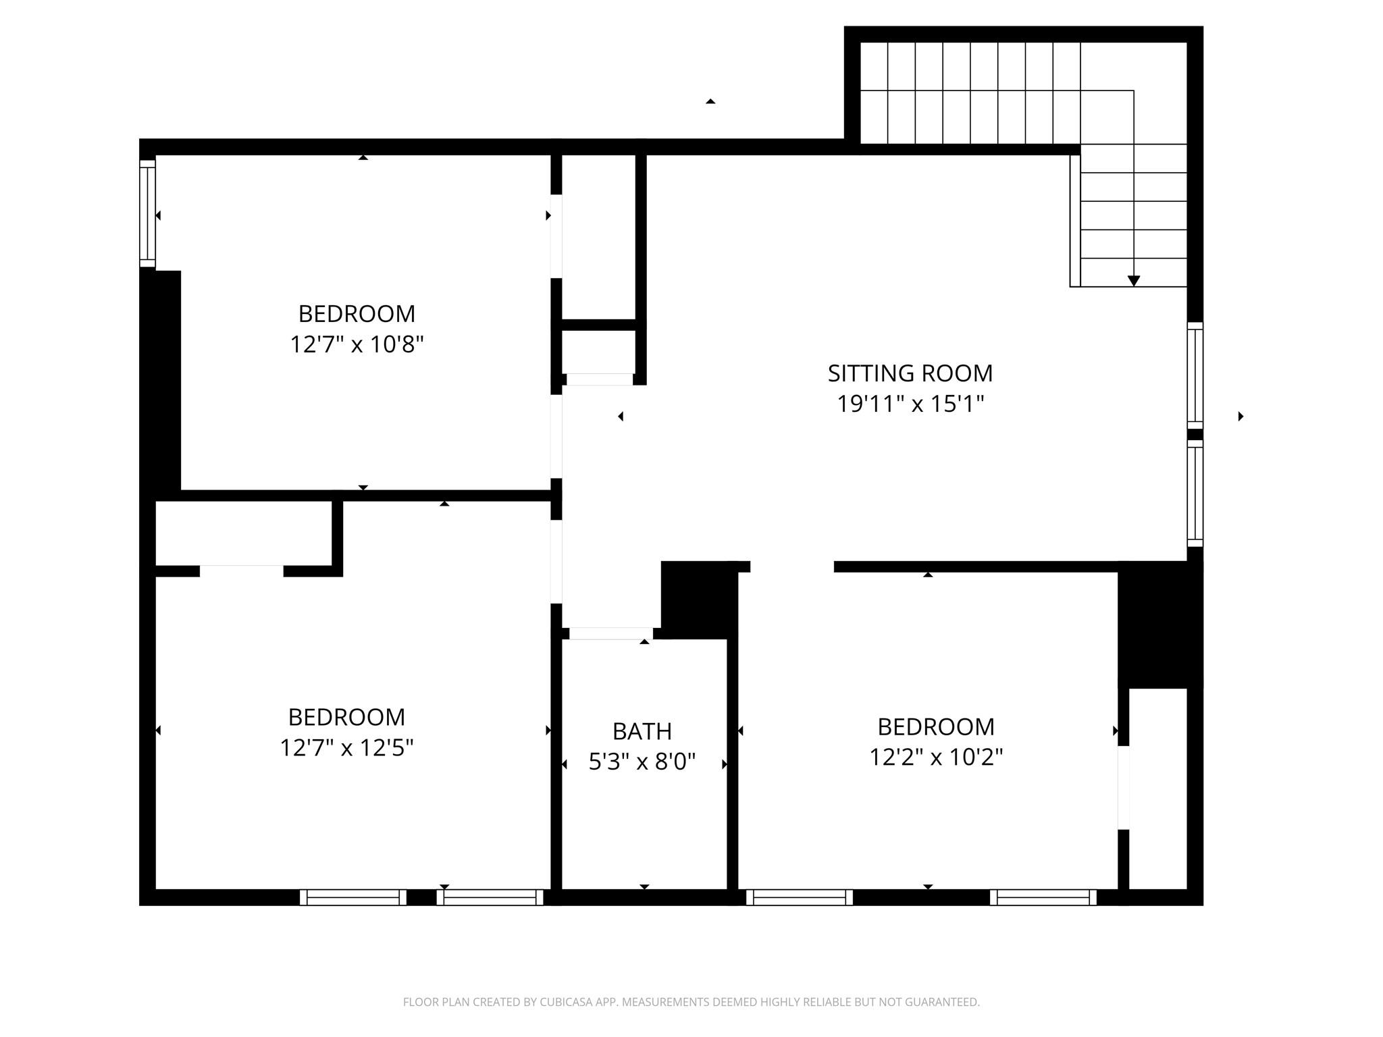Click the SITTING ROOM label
pyautogui.click(x=910, y=373)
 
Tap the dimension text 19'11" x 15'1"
pyautogui.click(x=910, y=404)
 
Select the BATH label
pyautogui.click(x=642, y=731)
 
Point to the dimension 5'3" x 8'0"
pyautogui.click(x=642, y=762)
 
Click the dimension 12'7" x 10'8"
pyautogui.click(x=357, y=345)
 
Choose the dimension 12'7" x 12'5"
pyautogui.click(x=346, y=748)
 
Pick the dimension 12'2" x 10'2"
pyautogui.click(x=935, y=757)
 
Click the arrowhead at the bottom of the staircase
pyautogui.click(x=1134, y=281)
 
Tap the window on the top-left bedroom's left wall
pyautogui.click(x=147, y=213)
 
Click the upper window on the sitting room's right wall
pyautogui.click(x=1195, y=375)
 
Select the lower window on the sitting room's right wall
pyautogui.click(x=1195, y=494)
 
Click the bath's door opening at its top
pyautogui.click(x=610, y=633)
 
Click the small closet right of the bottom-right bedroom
pyautogui.click(x=1157, y=789)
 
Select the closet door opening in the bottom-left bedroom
pyautogui.click(x=241, y=571)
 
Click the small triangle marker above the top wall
pyautogui.click(x=710, y=101)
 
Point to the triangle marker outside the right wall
pyautogui.click(x=1241, y=417)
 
